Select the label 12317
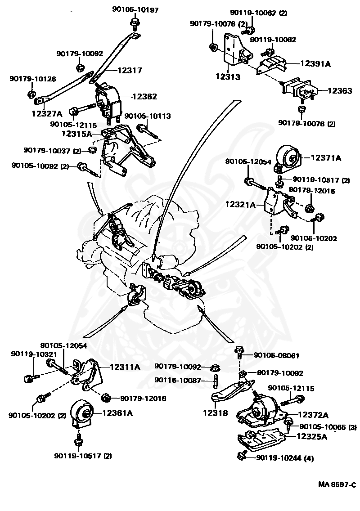[130, 70]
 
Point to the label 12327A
[47, 114]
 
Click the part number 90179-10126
[33, 79]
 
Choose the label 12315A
[76, 134]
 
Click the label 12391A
[315, 64]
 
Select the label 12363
[339, 91]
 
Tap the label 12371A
[326, 158]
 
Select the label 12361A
[118, 412]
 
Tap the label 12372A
[313, 415]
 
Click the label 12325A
[311, 436]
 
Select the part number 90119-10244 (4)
[284, 458]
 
